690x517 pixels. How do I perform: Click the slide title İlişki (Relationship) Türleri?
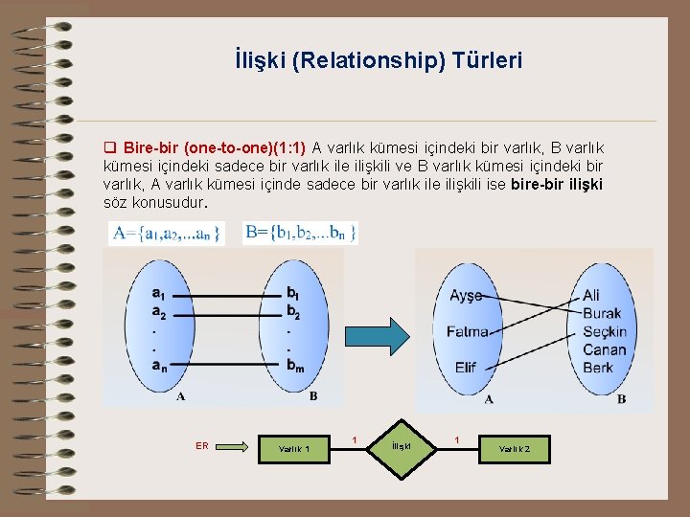pyautogui.click(x=379, y=61)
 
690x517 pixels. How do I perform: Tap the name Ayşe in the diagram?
pyautogui.click(x=466, y=296)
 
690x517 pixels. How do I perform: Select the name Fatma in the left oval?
pyautogui.click(x=468, y=331)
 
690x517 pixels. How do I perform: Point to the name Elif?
pyautogui.click(x=466, y=368)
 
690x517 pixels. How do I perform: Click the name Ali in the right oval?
pyautogui.click(x=591, y=296)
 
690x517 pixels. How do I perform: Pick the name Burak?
pyautogui.click(x=602, y=313)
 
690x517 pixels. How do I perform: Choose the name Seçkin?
pyautogui.click(x=604, y=331)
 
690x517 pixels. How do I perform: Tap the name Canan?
pyautogui.click(x=604, y=349)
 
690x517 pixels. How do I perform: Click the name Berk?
pyautogui.click(x=597, y=368)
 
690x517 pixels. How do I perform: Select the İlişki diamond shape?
pyautogui.click(x=402, y=446)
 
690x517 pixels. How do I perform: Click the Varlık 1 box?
pyautogui.click(x=293, y=448)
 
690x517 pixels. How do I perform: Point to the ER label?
pyautogui.click(x=202, y=445)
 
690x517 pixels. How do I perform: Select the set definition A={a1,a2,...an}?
pyautogui.click(x=166, y=233)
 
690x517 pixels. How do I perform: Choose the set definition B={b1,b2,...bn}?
pyautogui.click(x=301, y=233)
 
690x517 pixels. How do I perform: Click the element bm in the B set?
pyautogui.click(x=294, y=365)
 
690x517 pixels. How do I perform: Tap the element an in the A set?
pyautogui.click(x=159, y=364)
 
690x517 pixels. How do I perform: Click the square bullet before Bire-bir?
pyautogui.click(x=109, y=148)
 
